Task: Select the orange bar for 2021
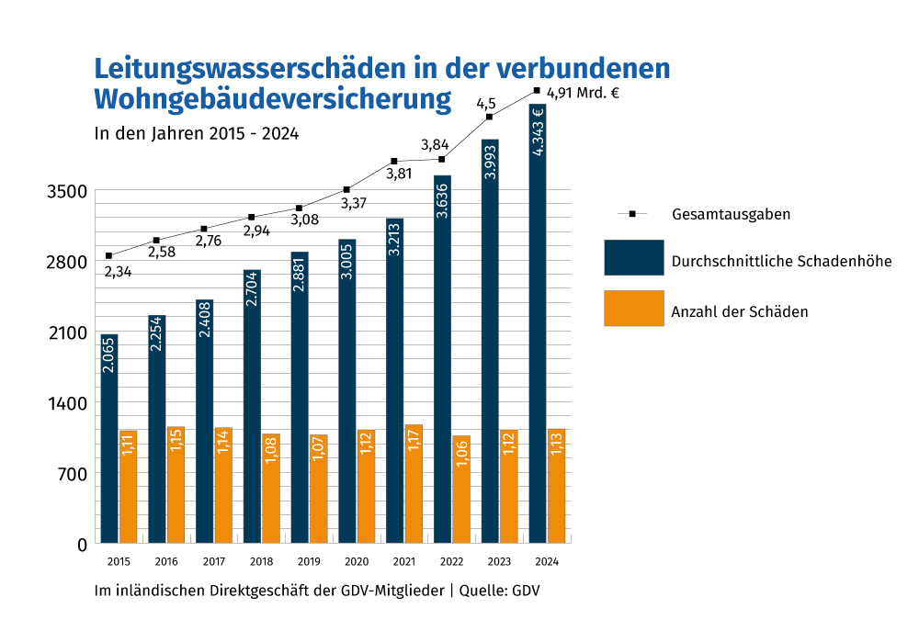[414, 484]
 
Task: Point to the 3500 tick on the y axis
[68, 192]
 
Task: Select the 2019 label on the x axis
[309, 562]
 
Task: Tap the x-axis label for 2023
[499, 562]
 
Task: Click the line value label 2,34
[117, 272]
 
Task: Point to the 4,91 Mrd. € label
[583, 92]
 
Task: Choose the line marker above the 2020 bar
[346, 189]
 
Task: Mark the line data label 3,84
[435, 144]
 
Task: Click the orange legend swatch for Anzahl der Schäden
[633, 308]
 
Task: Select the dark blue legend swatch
[633, 257]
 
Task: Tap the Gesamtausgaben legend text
[732, 214]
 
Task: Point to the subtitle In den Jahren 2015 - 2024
[197, 132]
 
